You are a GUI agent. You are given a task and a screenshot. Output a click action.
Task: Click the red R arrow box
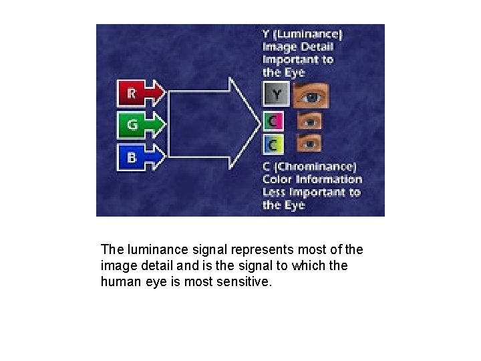click(139, 94)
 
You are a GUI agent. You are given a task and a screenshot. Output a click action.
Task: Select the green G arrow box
click(139, 124)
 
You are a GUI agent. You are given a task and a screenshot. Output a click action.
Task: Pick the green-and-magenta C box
click(274, 122)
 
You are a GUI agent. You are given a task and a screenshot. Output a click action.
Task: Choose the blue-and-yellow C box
click(274, 143)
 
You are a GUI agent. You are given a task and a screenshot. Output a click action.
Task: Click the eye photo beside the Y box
click(310, 96)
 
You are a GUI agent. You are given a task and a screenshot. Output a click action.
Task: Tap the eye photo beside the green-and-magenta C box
click(309, 122)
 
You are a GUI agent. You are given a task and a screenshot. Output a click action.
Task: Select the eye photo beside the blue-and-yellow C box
click(309, 143)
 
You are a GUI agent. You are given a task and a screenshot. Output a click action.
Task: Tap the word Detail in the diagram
click(316, 46)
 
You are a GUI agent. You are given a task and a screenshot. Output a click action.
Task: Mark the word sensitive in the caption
click(247, 281)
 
